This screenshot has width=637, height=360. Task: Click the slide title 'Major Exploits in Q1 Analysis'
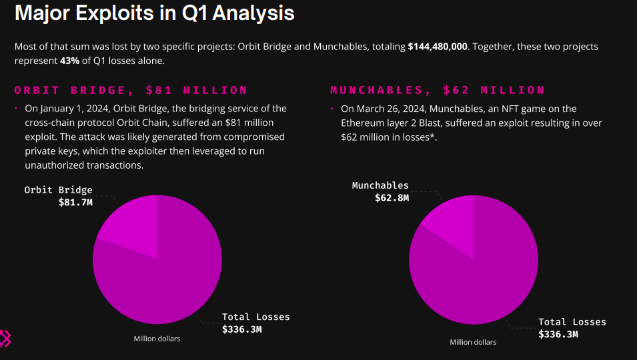[154, 13]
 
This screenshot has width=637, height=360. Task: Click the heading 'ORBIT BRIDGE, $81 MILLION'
[131, 90]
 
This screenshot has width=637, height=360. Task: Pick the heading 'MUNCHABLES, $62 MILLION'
[438, 90]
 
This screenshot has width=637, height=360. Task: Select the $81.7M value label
[75, 201]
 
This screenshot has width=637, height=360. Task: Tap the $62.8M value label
[392, 197]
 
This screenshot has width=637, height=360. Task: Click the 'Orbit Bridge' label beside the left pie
[59, 190]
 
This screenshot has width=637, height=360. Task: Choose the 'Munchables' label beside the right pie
[380, 185]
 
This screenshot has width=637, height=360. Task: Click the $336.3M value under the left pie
[242, 329]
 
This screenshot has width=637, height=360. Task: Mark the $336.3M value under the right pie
[558, 334]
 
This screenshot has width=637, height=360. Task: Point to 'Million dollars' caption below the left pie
[157, 339]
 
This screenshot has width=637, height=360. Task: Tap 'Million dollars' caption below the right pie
[473, 342]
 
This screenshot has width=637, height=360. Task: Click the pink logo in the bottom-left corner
[5, 338]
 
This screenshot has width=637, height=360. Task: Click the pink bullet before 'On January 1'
[16, 109]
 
